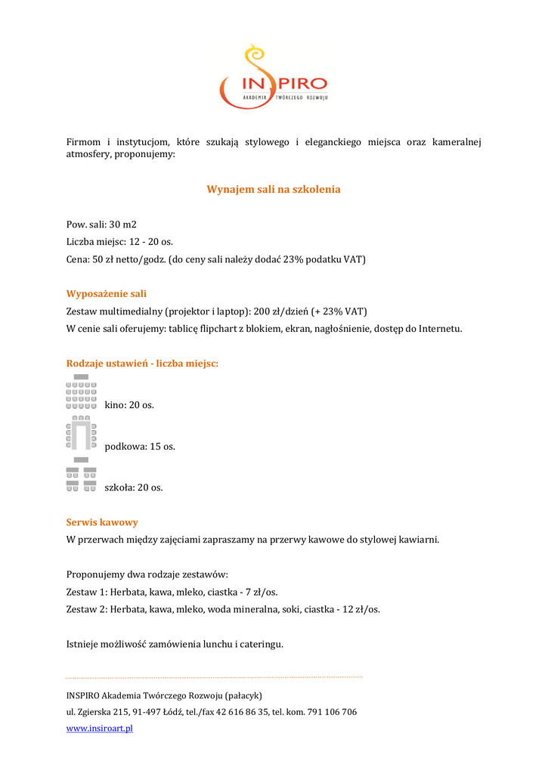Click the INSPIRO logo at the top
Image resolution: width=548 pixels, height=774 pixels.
273,78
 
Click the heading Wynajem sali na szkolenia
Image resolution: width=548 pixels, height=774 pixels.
274,189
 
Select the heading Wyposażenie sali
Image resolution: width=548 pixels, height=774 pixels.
107,293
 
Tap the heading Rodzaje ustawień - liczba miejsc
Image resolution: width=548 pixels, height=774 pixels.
142,364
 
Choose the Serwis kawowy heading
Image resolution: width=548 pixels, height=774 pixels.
102,522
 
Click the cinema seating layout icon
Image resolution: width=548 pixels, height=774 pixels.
82,392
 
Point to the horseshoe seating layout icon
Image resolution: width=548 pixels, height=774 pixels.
82,432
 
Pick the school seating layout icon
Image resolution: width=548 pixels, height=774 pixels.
82,475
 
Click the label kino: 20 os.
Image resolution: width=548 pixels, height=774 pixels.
129,405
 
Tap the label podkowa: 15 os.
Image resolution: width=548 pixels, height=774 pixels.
140,447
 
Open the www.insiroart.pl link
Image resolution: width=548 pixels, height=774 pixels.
100,728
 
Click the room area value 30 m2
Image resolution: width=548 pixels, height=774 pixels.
122,224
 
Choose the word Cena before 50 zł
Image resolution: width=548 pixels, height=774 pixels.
78,259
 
